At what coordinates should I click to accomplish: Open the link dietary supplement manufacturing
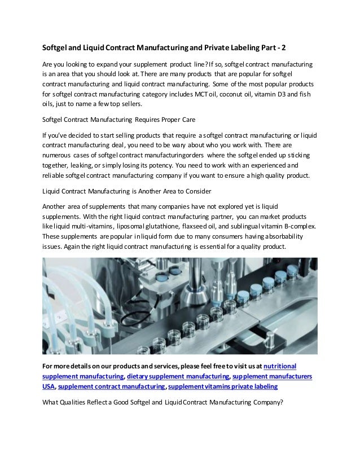coord(177,376)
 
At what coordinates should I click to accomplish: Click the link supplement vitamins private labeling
coord(222,386)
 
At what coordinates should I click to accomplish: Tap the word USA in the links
coord(49,386)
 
